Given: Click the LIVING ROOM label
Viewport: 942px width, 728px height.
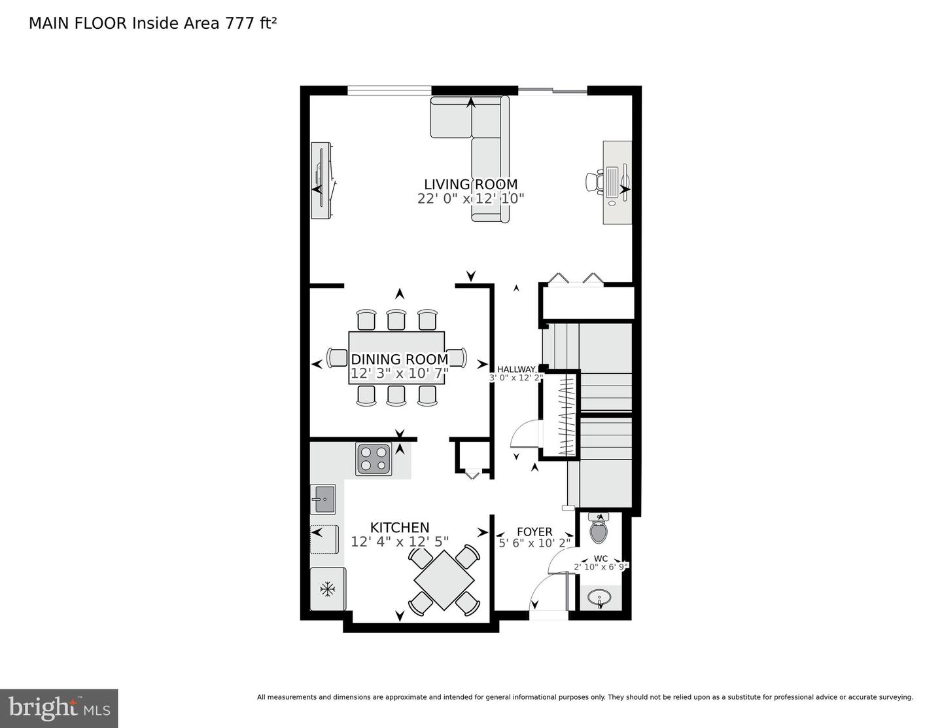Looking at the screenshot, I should tap(470, 185).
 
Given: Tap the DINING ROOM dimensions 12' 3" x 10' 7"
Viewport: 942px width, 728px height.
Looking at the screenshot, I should tap(399, 374).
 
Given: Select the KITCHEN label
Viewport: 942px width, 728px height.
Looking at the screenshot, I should tap(400, 527).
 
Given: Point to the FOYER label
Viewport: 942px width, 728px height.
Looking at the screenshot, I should tap(534, 532).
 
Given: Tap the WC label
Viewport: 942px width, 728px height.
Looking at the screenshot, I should tap(601, 558).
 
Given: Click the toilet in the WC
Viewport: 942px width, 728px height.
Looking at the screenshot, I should tap(599, 529).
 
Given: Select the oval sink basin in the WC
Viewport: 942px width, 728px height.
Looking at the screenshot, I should tap(599, 598).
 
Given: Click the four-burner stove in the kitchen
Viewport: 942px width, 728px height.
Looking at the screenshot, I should tap(374, 458).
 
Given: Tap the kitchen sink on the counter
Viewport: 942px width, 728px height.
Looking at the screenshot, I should tap(323, 499).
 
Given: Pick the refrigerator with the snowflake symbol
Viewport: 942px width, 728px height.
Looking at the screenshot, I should tap(328, 589).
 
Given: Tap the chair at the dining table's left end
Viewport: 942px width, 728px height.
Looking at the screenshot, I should tap(338, 358).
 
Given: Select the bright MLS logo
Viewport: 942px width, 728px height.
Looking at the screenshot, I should tap(59, 708).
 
